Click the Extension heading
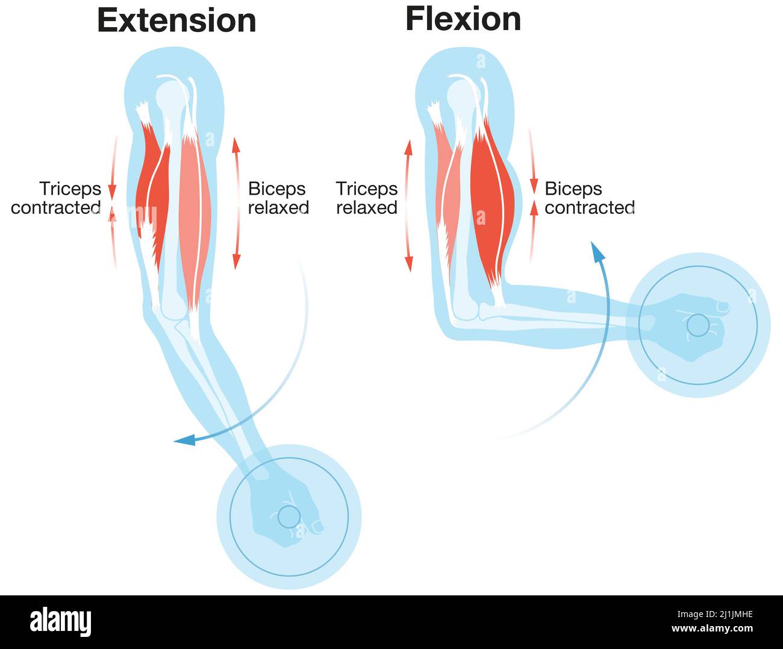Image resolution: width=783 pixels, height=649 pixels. tap(176, 20)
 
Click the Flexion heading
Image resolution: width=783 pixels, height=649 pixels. tap(463, 19)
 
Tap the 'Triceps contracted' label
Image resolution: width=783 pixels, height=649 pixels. tap(56, 198)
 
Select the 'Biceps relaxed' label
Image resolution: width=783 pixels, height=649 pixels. tap(278, 198)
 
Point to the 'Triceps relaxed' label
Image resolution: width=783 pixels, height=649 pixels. tap(367, 198)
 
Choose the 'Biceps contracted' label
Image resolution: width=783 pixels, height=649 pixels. tap(589, 198)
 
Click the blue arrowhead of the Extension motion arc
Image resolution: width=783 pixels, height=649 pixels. tap(184, 441)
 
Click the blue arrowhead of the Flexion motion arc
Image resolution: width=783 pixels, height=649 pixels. tap(597, 251)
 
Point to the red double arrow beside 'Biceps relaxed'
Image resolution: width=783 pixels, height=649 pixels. tap(236, 202)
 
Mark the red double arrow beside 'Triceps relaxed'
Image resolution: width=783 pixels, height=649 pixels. tap(409, 205)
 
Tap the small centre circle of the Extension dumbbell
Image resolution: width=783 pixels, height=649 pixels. tap(289, 516)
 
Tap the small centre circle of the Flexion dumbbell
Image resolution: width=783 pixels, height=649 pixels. tap(698, 325)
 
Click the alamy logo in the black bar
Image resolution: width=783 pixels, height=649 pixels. tap(61, 622)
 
